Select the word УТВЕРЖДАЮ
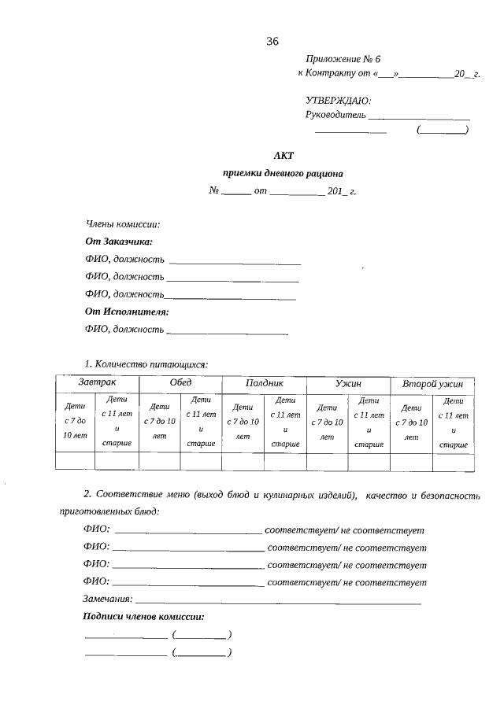[338, 100]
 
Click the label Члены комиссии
[122, 225]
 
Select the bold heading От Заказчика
[119, 242]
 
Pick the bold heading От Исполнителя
[127, 312]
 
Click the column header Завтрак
[97, 382]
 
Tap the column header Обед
[180, 382]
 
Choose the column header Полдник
[264, 383]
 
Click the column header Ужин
[348, 383]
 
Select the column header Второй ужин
[432, 383]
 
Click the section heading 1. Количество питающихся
[146, 364]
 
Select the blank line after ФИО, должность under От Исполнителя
[228, 330]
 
